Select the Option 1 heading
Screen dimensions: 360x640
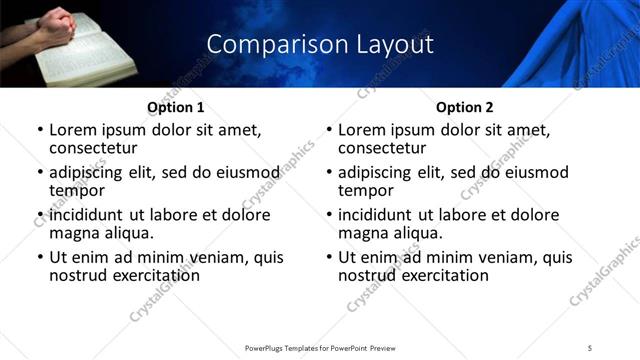[x=176, y=108]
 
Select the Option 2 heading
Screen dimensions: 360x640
[x=465, y=108]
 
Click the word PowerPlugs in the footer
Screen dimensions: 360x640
[x=269, y=347]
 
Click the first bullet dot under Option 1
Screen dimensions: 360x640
[x=40, y=130]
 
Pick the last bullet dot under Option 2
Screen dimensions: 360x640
[x=329, y=257]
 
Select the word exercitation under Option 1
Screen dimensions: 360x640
[x=155, y=275]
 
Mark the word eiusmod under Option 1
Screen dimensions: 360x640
[x=241, y=172]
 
